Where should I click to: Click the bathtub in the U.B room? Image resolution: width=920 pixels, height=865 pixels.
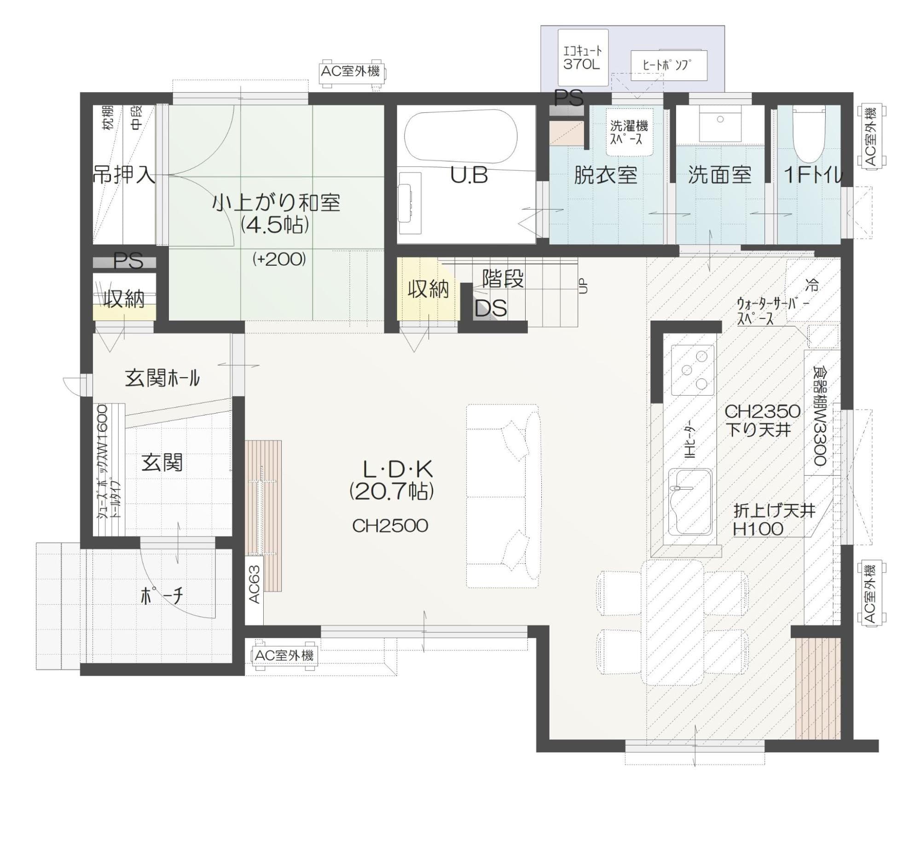[461, 135]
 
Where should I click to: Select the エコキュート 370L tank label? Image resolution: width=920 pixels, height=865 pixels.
[582, 57]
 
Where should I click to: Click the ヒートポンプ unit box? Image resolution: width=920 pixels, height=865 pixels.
[668, 65]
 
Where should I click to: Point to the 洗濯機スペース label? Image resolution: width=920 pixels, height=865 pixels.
[629, 132]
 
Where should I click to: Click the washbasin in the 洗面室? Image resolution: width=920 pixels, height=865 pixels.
[720, 123]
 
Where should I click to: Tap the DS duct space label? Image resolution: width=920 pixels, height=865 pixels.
[491, 308]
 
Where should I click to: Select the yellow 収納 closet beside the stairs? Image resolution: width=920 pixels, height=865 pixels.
[428, 289]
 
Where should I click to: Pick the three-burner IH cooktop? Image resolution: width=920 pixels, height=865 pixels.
[692, 370]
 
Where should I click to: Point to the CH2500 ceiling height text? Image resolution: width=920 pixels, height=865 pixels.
[390, 526]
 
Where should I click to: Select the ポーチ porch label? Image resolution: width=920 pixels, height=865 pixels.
[162, 596]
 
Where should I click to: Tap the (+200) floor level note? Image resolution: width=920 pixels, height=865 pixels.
[279, 259]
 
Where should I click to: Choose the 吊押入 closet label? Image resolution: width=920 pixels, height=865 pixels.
[124, 175]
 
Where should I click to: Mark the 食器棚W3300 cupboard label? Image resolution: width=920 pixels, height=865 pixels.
[820, 415]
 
